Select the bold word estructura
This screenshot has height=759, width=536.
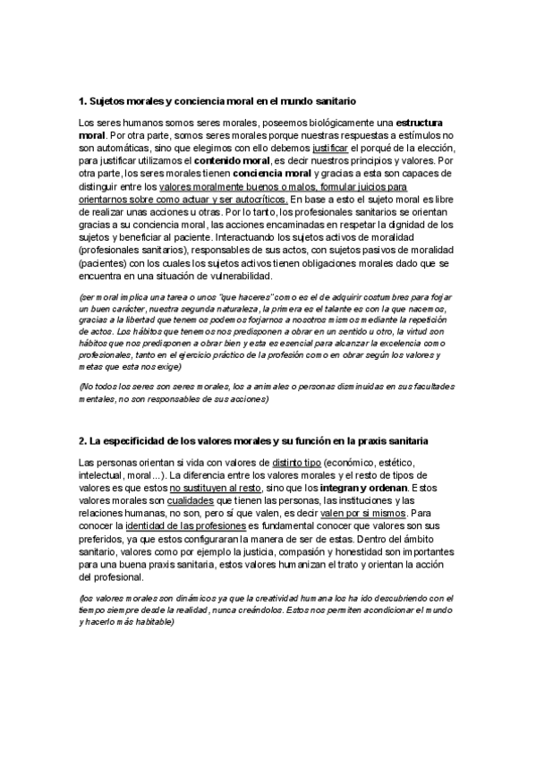point(422,122)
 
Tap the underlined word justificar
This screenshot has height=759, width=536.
point(331,147)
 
